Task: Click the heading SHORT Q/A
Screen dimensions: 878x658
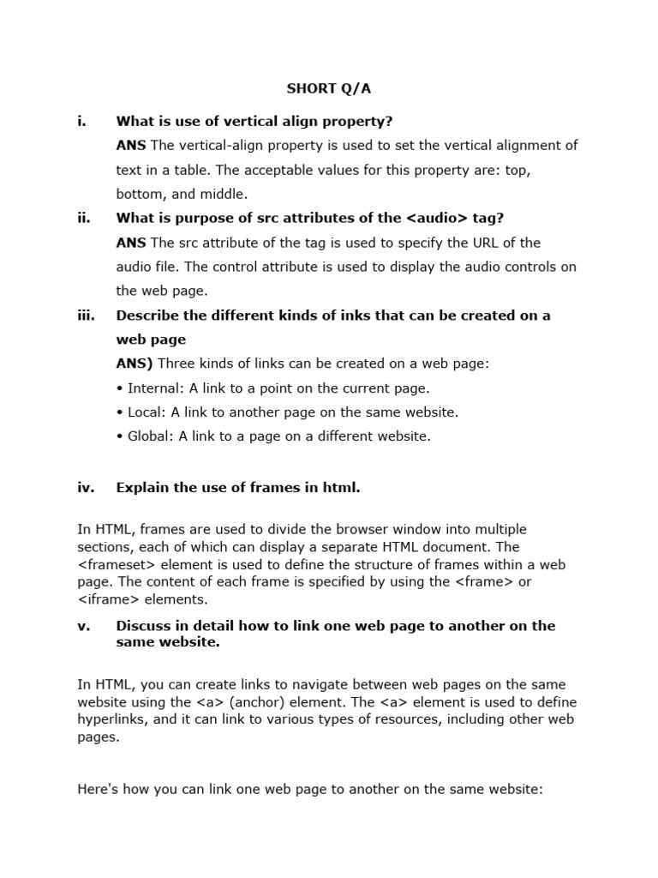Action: (x=329, y=88)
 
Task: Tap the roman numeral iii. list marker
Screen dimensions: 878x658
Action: (x=86, y=315)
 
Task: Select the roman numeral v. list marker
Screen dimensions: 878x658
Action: (x=83, y=625)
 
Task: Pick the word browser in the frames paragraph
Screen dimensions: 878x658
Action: (x=312, y=529)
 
